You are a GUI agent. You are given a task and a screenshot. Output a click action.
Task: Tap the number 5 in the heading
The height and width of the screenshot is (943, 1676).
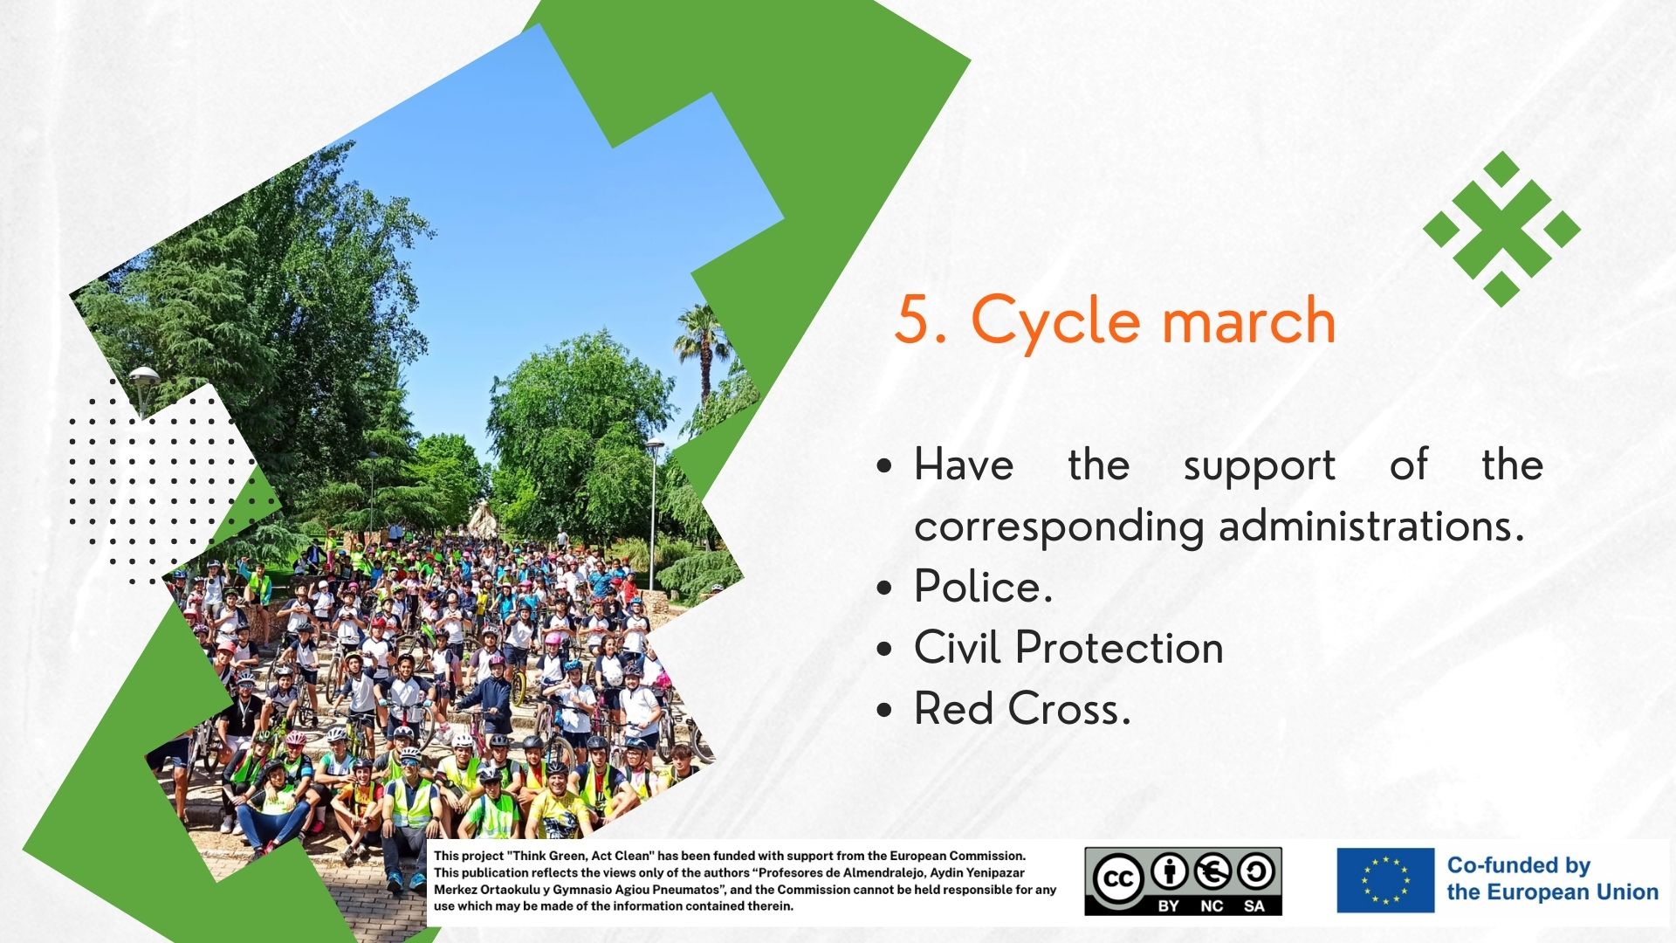point(913,320)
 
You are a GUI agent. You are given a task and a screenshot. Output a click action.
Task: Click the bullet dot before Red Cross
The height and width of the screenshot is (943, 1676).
point(884,710)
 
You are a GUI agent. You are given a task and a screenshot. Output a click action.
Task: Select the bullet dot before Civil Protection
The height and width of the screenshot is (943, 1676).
point(884,649)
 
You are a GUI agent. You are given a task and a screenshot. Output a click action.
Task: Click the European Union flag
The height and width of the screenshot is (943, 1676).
point(1385,880)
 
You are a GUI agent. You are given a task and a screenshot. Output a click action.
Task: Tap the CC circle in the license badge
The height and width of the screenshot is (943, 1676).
point(1118,878)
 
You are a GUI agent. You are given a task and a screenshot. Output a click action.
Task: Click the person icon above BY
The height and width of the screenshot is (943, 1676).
point(1169,871)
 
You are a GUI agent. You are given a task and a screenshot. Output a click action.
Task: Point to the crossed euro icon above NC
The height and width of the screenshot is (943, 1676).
point(1212,871)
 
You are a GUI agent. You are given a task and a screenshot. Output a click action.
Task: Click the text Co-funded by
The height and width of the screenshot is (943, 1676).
point(1519,865)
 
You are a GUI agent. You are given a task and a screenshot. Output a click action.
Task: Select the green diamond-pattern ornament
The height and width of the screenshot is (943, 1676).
point(1501,229)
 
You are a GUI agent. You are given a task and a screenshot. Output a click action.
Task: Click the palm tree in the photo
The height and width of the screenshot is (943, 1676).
point(702,349)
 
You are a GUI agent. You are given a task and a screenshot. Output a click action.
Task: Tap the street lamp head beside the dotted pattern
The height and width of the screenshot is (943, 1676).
point(144,376)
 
